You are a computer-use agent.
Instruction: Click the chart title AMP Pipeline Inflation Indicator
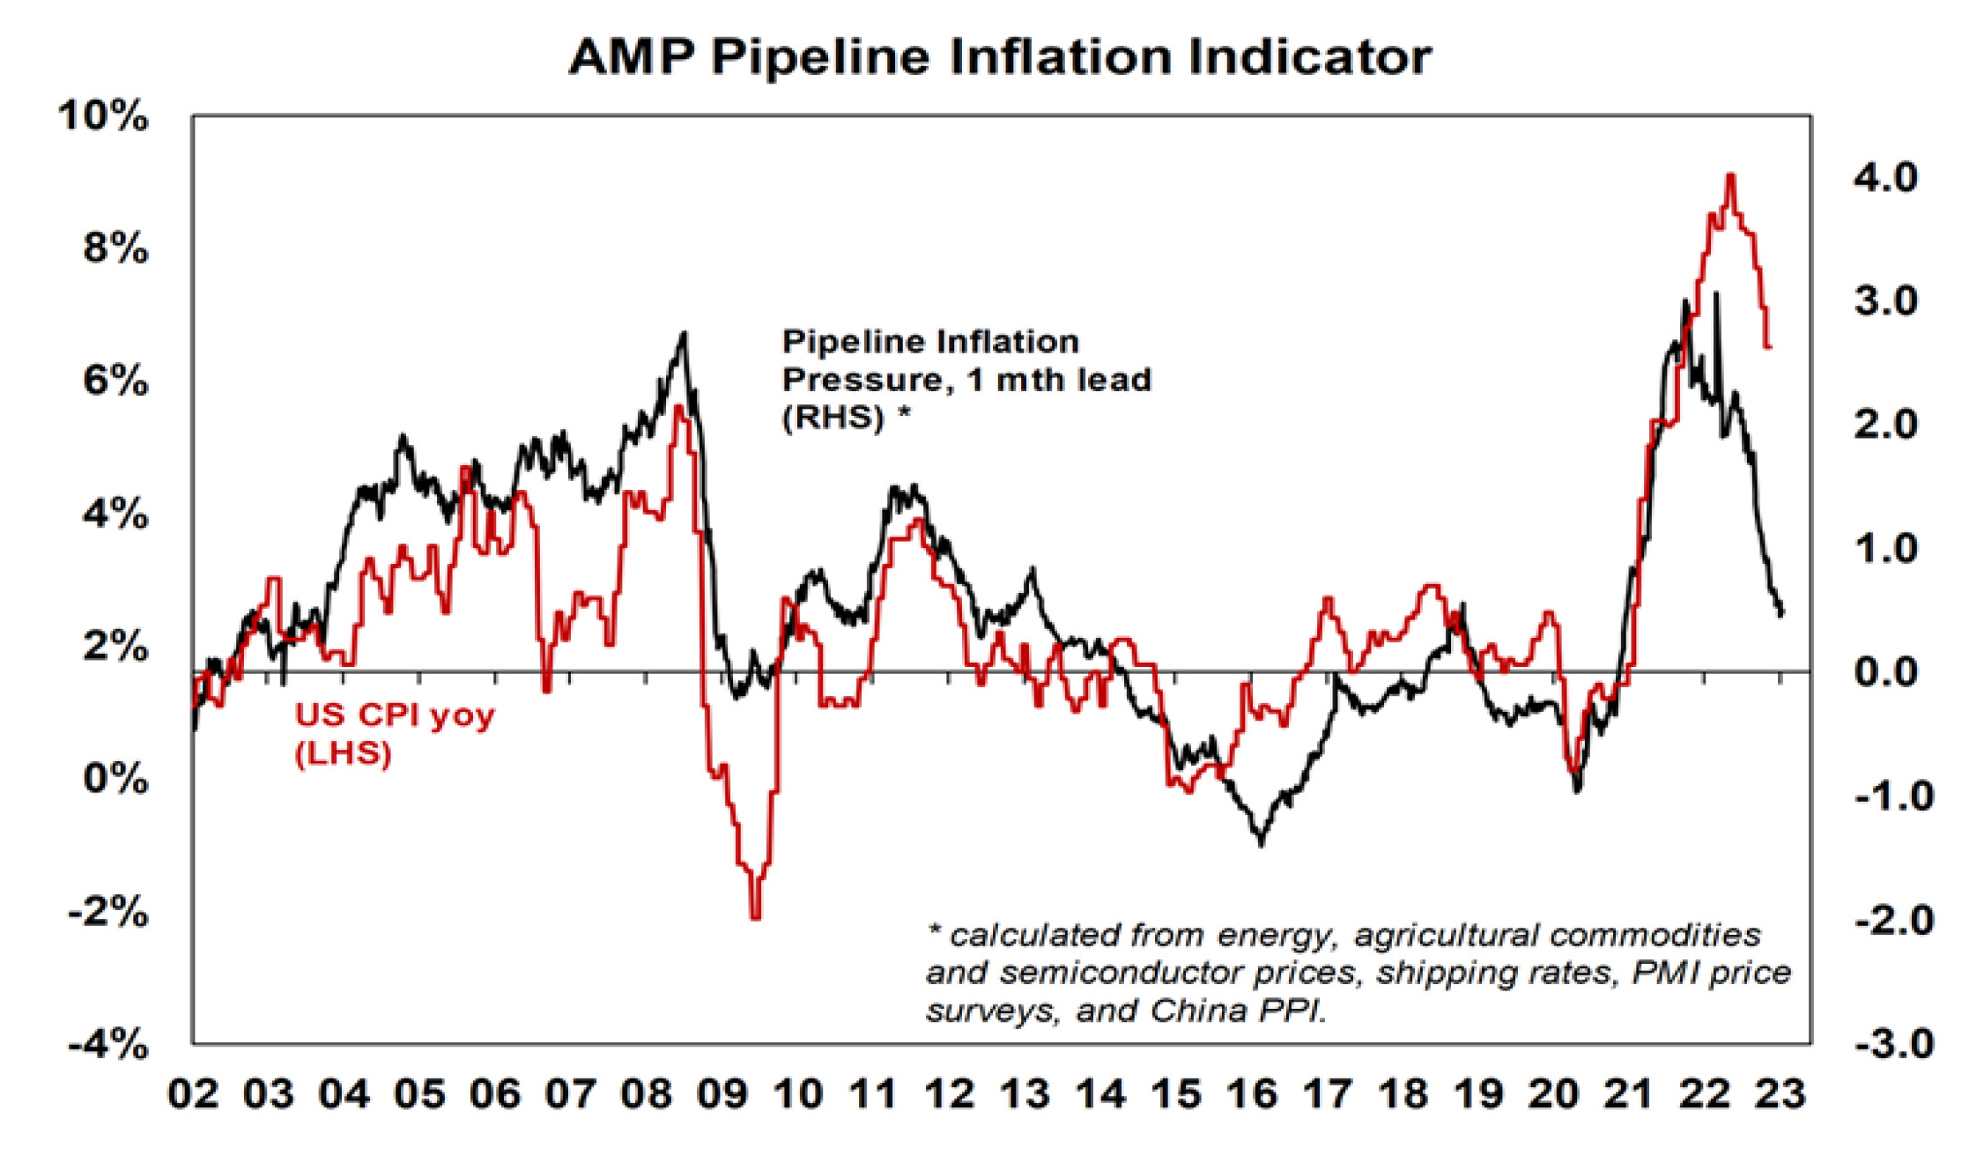pyautogui.click(x=1000, y=57)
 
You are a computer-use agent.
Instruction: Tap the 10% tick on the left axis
pyautogui.click(x=103, y=116)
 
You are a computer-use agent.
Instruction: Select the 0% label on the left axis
pyautogui.click(x=115, y=780)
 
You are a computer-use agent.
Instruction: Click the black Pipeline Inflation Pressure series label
pyautogui.click(x=966, y=379)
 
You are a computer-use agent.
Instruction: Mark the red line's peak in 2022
pyautogui.click(x=1731, y=175)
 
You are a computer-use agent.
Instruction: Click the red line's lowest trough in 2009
pyautogui.click(x=755, y=918)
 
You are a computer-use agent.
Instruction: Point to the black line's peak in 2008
pyautogui.click(x=684, y=333)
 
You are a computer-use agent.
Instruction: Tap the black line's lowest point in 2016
pyautogui.click(x=1262, y=844)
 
